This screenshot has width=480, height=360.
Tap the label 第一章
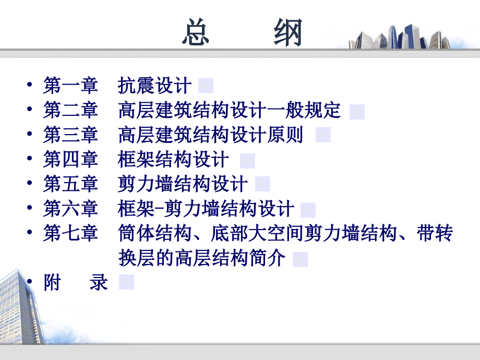click(70, 85)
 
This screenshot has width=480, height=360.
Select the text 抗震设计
click(155, 85)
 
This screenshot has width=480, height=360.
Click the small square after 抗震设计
click(206, 85)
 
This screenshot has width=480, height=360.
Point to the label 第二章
click(70, 111)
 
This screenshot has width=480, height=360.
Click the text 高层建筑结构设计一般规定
click(229, 111)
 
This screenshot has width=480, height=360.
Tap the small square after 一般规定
click(357, 112)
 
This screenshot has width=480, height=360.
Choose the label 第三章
click(70, 135)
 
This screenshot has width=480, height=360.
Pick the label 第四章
click(70, 160)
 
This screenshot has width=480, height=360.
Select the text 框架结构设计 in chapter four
click(173, 160)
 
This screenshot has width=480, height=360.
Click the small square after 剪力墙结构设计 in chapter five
click(262, 184)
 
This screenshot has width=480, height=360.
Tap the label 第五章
click(70, 184)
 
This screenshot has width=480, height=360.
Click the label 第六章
click(70, 209)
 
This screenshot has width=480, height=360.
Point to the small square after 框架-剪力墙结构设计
click(308, 210)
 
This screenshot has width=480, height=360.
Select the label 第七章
click(70, 233)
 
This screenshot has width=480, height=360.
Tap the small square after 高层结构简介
click(300, 259)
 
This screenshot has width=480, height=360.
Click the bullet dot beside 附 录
click(29, 283)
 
